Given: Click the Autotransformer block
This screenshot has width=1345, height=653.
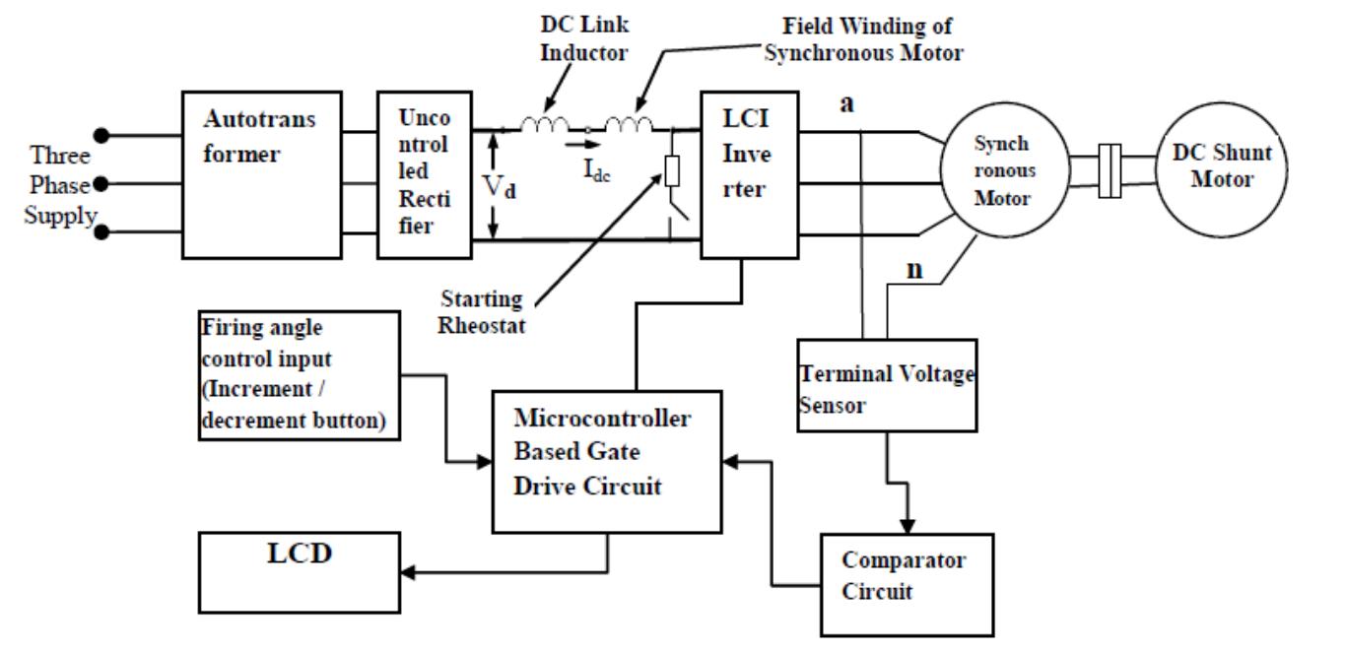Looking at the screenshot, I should (262, 174).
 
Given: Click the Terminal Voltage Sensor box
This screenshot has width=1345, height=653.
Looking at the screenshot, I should (873, 385).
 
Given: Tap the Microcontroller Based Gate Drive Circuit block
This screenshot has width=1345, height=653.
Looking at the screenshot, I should (604, 460).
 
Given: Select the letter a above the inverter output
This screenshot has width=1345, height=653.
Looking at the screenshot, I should (845, 103).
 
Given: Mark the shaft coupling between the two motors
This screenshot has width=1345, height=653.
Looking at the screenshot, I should (1110, 170).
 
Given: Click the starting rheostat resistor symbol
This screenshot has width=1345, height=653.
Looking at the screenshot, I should (672, 171).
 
